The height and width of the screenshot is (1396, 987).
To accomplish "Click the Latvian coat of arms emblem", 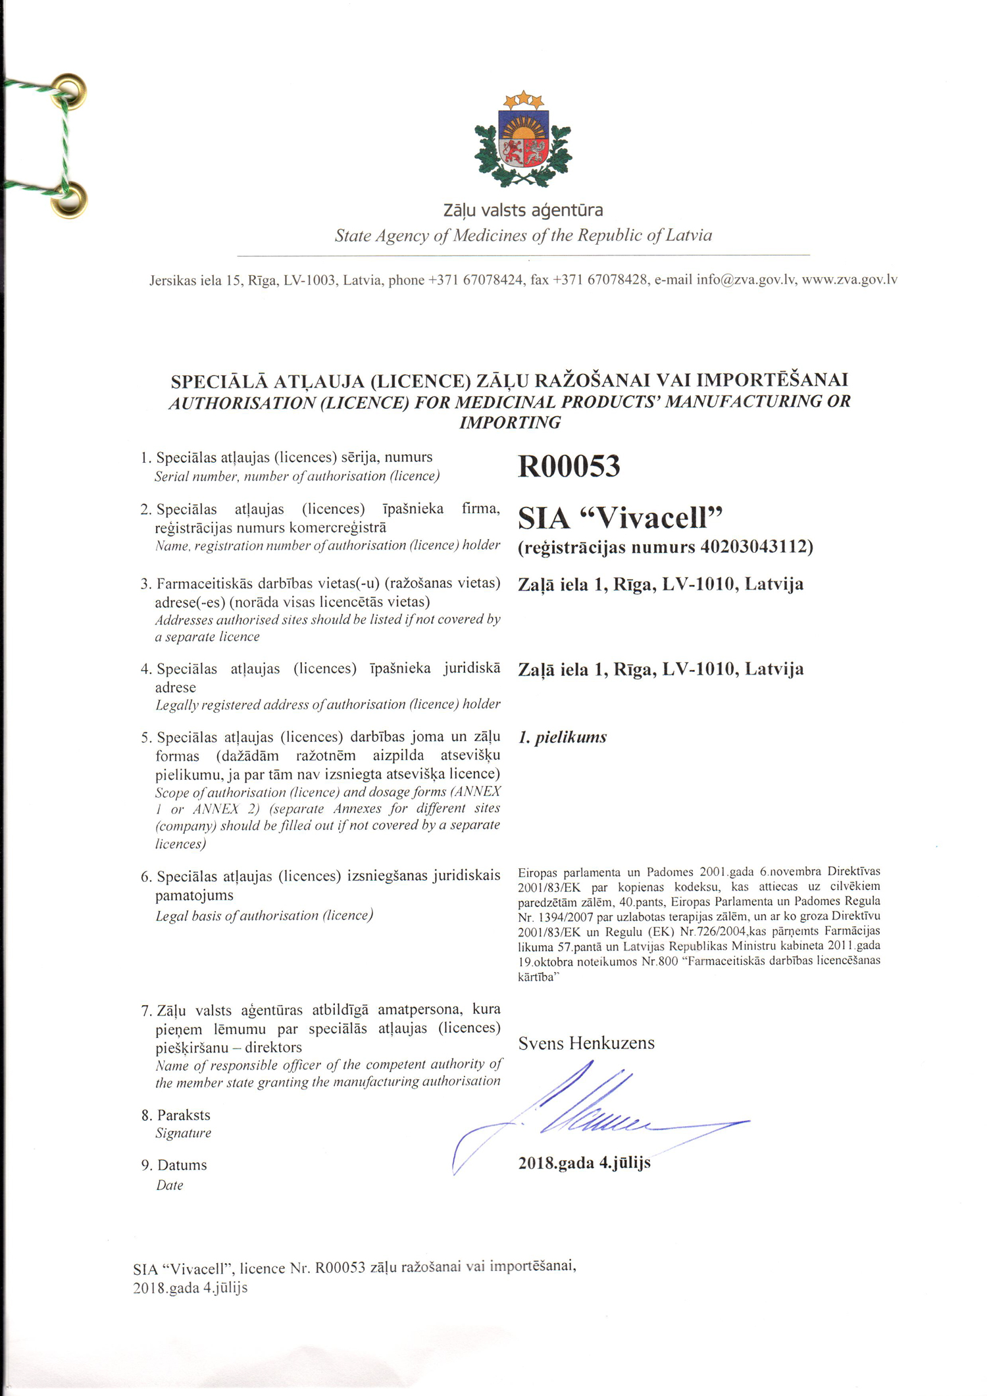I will [x=523, y=140].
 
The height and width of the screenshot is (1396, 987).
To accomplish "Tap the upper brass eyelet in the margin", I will [x=70, y=90].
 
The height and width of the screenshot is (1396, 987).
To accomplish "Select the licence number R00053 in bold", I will [x=569, y=466].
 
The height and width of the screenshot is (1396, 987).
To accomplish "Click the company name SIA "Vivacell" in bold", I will [x=620, y=519].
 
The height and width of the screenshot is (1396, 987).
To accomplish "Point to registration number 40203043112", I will [x=755, y=547].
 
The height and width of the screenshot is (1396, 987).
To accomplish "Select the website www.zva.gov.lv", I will [x=849, y=280].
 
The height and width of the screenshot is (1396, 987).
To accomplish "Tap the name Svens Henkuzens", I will [x=586, y=1043].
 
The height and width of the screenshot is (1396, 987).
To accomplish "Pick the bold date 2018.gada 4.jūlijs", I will [x=584, y=1162].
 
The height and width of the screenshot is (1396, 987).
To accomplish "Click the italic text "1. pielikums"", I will [x=562, y=737].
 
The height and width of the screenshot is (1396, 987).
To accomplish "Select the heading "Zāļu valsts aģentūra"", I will [x=523, y=211].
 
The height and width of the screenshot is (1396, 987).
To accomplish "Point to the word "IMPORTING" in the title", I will [x=510, y=423].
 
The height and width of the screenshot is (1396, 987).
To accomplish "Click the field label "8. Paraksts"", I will [x=176, y=1115].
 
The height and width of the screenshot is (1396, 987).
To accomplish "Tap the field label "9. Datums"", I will [x=174, y=1165].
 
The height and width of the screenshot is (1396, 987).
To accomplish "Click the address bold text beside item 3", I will [x=661, y=584].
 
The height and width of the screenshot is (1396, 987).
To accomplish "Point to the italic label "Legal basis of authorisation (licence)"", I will [x=264, y=916].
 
